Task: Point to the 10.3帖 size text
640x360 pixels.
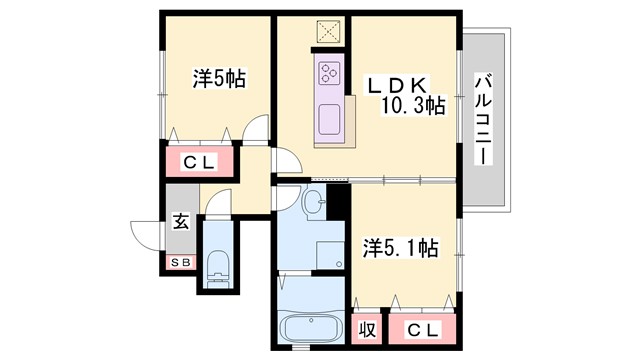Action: [x=412, y=106]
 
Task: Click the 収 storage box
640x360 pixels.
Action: [x=367, y=329]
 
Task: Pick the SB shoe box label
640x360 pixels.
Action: [x=181, y=263]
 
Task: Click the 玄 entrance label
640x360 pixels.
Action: [x=181, y=222]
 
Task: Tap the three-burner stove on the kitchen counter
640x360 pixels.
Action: [x=330, y=72]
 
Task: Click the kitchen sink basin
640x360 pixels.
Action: [x=328, y=122]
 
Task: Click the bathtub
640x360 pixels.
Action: [x=308, y=329]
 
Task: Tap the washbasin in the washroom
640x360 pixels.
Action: [x=313, y=203]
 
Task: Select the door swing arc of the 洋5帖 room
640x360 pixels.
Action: [x=256, y=130]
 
